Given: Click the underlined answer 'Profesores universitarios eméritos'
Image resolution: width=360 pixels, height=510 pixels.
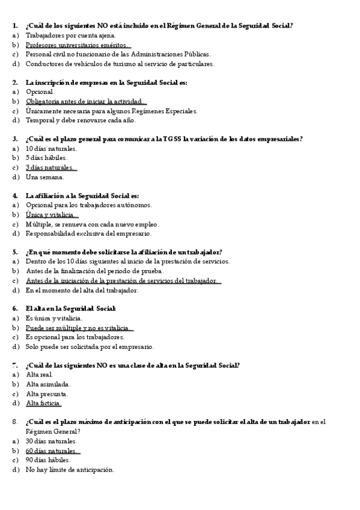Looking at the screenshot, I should [77, 45].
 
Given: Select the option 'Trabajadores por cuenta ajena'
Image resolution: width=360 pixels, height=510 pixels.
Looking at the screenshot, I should [66, 35].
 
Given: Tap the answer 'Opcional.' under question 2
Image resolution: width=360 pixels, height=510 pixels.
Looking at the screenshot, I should [40, 92].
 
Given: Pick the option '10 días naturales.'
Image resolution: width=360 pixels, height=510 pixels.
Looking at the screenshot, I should [52, 148].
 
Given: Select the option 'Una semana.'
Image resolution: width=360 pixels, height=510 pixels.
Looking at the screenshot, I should [44, 177].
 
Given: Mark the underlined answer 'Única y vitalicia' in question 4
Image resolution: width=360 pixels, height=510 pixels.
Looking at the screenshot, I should [50, 214].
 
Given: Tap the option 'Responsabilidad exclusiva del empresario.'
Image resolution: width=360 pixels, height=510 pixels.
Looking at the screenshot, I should [89, 233].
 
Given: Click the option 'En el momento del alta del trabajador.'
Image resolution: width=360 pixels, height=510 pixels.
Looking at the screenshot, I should [82, 290].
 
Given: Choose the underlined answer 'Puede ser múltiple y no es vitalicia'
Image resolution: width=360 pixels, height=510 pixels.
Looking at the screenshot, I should [78, 328].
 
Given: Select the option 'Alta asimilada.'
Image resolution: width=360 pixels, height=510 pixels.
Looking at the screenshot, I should [49, 384].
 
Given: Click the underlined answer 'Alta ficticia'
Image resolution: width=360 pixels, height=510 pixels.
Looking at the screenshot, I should [44, 403].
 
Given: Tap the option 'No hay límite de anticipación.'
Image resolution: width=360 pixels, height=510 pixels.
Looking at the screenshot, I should [70, 469].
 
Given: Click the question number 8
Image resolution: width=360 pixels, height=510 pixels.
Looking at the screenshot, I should [15, 422].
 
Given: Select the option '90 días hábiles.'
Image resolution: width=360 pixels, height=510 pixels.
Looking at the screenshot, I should [48, 459].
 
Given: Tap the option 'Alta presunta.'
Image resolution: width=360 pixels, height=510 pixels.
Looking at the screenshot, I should [47, 393].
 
